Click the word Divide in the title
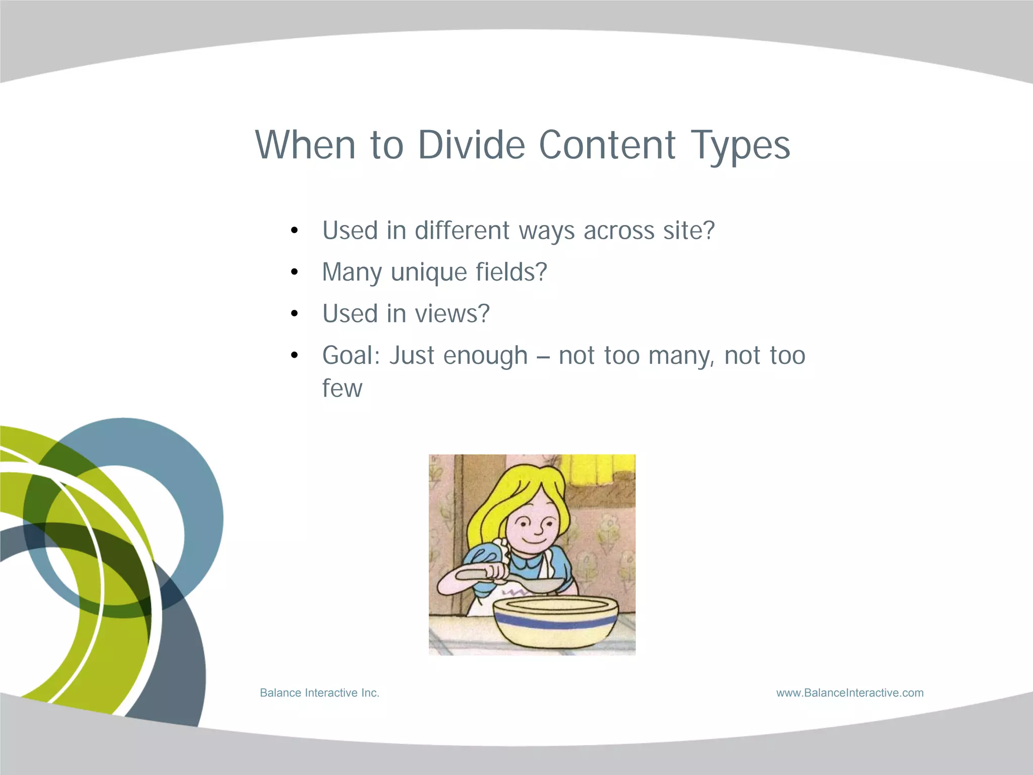pos(471,145)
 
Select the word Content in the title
pos(607,145)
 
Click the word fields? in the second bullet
pos(511,272)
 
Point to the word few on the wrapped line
pos(342,389)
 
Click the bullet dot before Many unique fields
pos(295,272)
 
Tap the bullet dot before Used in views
pos(295,314)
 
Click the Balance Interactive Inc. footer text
pos(319,693)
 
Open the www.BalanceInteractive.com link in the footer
pos(850,693)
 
